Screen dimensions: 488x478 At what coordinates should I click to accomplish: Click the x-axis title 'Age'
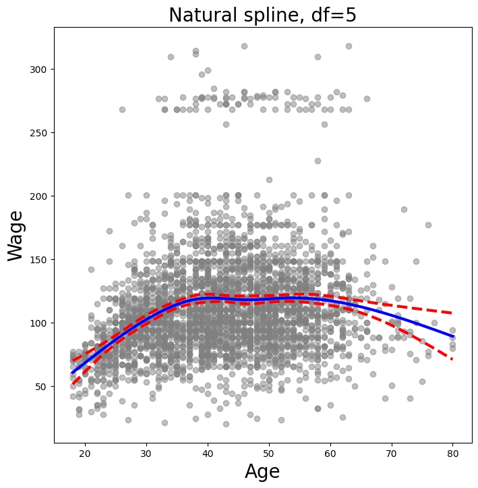[x=262, y=471]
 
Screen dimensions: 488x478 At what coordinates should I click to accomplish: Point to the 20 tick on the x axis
[x=85, y=452]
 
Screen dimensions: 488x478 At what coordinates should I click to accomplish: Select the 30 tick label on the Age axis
[x=146, y=452]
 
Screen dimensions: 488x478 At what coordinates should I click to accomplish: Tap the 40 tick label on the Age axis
[x=208, y=452]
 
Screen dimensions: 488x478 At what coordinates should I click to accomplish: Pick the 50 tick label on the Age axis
[x=269, y=452]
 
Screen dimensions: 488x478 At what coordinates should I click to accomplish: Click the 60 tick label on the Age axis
[x=330, y=452]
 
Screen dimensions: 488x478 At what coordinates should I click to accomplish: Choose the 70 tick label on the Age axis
[x=391, y=452]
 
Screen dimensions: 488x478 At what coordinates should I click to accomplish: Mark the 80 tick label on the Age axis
[x=452, y=452]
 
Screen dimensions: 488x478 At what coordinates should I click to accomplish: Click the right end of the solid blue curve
[x=452, y=337]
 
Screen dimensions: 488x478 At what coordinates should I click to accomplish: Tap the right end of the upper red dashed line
[x=452, y=313]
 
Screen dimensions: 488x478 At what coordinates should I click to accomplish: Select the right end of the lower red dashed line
[x=452, y=360]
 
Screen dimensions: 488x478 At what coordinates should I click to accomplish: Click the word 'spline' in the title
[x=253, y=16]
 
